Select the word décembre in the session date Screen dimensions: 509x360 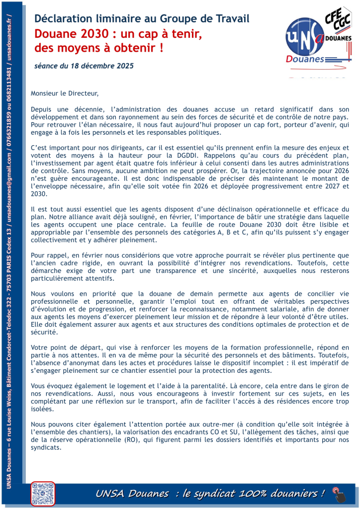pos(98,66)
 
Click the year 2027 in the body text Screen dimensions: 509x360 pos(310,187)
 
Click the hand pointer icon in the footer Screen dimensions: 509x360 pos(339,495)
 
